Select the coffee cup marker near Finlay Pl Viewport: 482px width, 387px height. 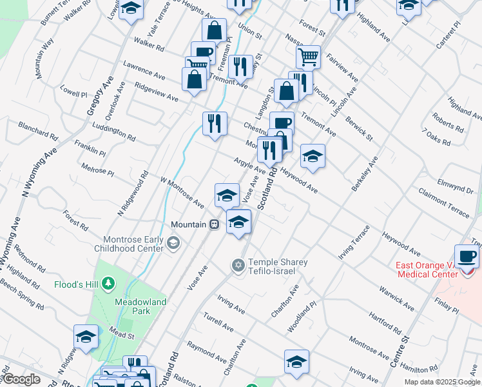[467, 256]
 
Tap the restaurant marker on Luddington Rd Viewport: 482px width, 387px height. [215, 123]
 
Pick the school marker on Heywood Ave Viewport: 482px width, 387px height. [313, 156]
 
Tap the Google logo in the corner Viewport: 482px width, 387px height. [21, 379]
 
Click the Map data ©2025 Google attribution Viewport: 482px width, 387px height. [442, 382]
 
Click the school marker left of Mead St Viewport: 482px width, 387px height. [86, 337]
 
